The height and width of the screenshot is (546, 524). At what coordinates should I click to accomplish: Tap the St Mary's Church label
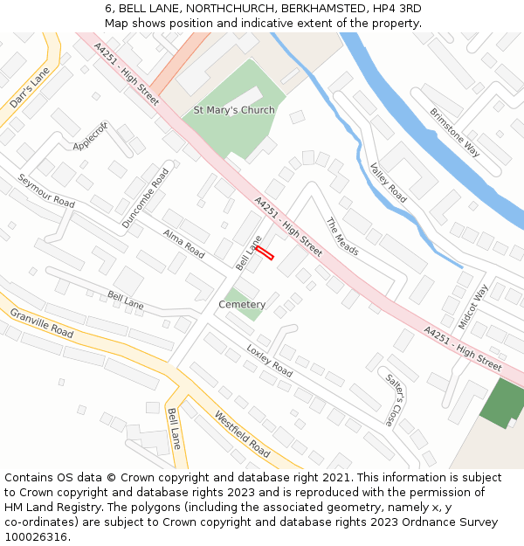pos(234,110)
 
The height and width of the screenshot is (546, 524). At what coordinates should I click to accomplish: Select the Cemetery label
pos(242,305)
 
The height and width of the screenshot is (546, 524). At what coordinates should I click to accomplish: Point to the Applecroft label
pos(91,135)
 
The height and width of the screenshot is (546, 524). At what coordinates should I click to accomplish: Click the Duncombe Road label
pos(145,198)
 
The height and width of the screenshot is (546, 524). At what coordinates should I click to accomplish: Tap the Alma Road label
pos(183,245)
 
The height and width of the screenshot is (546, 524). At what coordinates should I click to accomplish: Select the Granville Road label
pos(41,322)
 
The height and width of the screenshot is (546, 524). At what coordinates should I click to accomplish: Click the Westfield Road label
pos(242,434)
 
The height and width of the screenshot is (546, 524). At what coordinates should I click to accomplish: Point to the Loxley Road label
pos(269,360)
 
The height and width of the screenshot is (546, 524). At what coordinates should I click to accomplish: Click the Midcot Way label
pos(472,306)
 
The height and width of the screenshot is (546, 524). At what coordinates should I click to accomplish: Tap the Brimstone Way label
pos(455,132)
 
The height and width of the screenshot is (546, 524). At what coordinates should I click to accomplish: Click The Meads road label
pos(342,236)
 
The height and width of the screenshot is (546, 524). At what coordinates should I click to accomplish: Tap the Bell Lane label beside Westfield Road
pos(174,428)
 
